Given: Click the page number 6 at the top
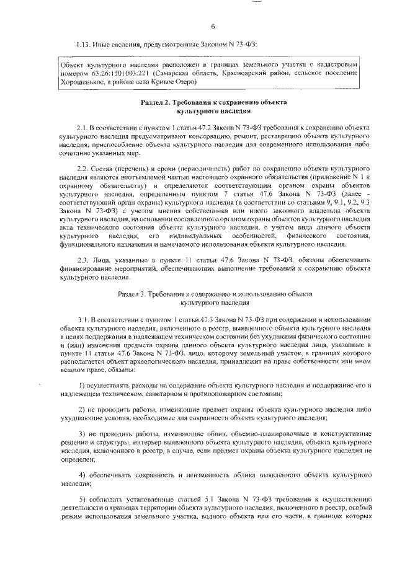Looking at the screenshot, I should click(x=212, y=27).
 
